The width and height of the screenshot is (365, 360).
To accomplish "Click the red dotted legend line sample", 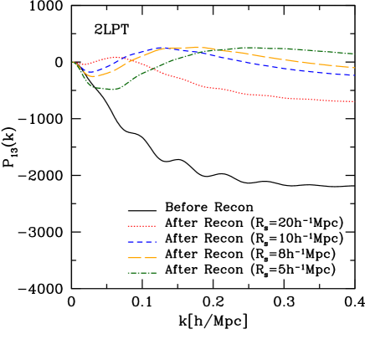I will pyautogui.click(x=141, y=226).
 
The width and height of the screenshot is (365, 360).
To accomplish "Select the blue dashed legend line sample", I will pyautogui.click(x=141, y=242).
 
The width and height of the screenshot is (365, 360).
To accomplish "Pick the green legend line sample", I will pyautogui.click(x=141, y=273).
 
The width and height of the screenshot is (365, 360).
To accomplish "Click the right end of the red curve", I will pyautogui.click(x=353, y=101).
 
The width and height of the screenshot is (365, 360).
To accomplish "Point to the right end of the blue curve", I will pyautogui.click(x=355, y=75).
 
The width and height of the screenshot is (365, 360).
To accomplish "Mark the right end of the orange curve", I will pyautogui.click(x=354, y=68).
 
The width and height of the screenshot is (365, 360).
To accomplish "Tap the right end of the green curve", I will pyautogui.click(x=354, y=54).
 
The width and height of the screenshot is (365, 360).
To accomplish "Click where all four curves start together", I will pyautogui.click(x=74, y=62).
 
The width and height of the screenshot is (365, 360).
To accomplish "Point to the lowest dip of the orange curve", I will pyautogui.click(x=92, y=76).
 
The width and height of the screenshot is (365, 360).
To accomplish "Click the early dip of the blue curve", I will pyautogui.click(x=90, y=73).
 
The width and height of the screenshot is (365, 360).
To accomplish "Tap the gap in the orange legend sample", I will pyautogui.click(x=141, y=258).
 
